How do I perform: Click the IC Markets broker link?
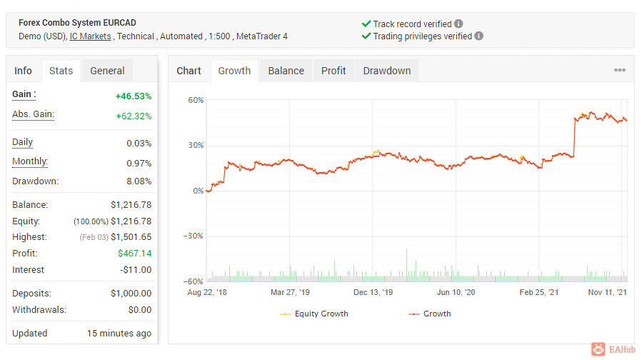point(90,36)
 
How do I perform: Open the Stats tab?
point(61,71)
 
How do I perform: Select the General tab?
point(107,71)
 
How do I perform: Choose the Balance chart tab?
point(286,71)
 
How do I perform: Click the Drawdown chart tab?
point(387,71)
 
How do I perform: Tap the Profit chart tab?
point(333,71)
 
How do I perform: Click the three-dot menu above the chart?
point(619,70)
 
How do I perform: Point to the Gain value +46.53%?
point(134,96)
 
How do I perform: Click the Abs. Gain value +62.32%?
point(134,116)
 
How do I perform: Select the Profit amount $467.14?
point(135,254)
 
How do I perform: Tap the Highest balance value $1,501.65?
point(131,237)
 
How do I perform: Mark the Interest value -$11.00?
point(136,270)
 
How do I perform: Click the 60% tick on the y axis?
point(196,100)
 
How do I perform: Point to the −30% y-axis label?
point(194,236)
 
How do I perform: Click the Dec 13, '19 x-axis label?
point(373,292)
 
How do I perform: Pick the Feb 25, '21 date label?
point(539,292)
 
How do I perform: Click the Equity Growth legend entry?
point(314,314)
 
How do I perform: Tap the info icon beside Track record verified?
point(458,24)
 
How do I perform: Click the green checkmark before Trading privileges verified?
point(366,36)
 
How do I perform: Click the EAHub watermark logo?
point(613,349)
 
